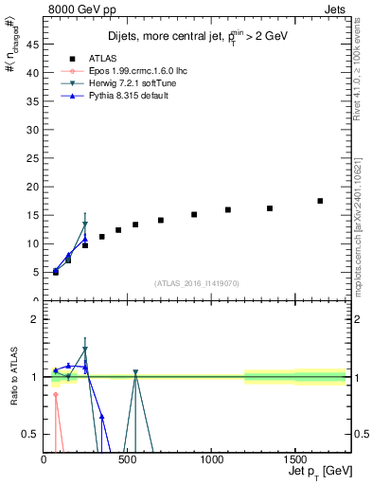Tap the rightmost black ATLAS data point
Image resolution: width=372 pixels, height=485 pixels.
pos(320,201)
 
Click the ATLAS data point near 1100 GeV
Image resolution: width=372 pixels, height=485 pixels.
pos(228,209)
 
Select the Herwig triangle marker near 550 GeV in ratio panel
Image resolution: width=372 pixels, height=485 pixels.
pos(135,372)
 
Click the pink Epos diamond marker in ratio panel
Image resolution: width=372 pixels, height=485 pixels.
pos(56,395)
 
